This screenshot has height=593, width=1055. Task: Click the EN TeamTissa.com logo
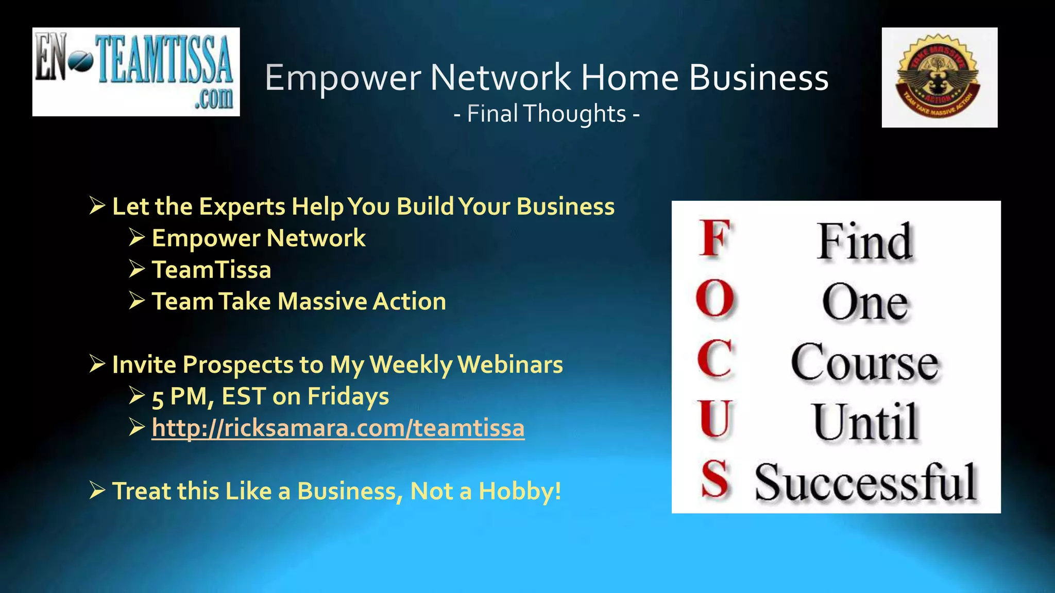click(136, 72)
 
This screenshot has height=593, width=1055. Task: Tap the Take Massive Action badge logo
click(939, 77)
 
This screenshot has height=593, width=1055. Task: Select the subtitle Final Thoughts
click(547, 114)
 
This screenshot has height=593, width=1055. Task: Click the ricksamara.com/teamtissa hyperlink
click(338, 428)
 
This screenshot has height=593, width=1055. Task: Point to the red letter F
click(715, 238)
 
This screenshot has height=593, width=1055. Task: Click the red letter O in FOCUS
click(715, 299)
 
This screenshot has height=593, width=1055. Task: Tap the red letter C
click(715, 359)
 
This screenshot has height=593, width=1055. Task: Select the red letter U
click(715, 419)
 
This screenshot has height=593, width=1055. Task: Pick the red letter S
click(715, 480)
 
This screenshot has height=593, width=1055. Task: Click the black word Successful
click(865, 482)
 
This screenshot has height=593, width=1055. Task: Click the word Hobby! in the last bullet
click(520, 491)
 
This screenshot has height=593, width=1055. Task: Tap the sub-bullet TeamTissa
click(211, 270)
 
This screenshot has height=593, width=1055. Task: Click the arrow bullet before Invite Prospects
click(97, 364)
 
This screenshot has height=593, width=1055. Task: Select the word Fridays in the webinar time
click(348, 397)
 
